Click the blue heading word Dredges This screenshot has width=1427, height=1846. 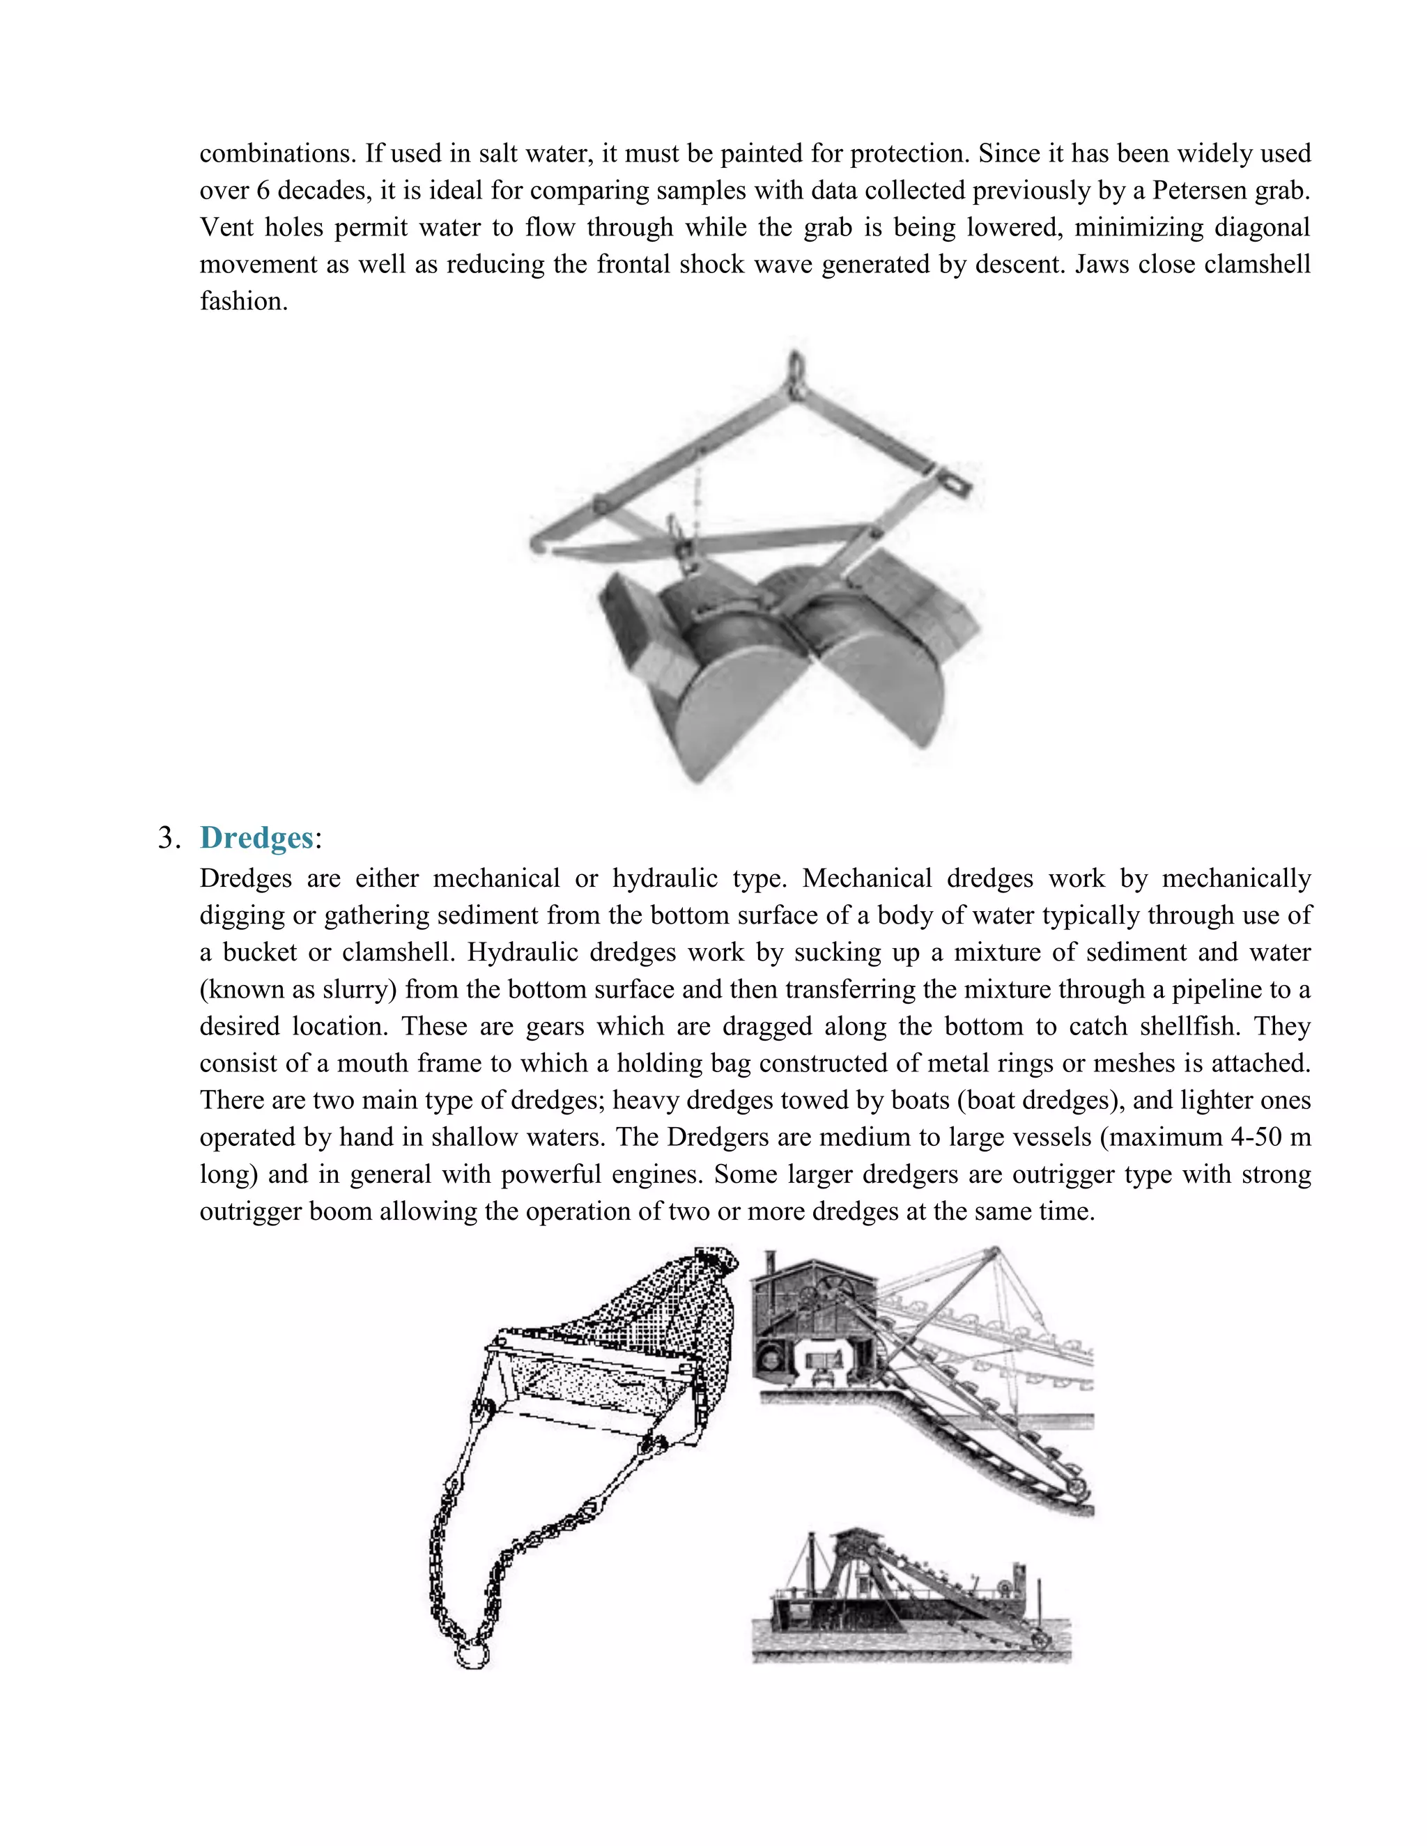tap(256, 837)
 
